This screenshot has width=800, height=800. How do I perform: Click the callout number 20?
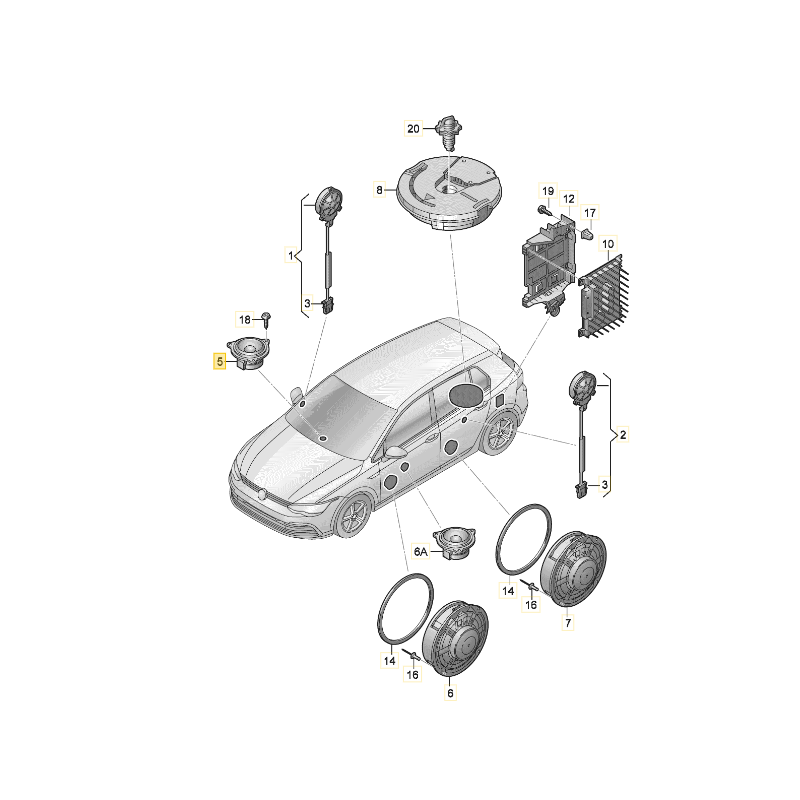[414, 128]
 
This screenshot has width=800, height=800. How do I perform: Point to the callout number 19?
[547, 191]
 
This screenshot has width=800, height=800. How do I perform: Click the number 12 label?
[568, 199]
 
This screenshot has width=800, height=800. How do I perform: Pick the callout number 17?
[590, 213]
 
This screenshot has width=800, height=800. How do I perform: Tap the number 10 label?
[608, 243]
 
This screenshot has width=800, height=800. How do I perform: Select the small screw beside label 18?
[268, 319]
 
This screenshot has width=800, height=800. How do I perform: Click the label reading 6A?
[421, 551]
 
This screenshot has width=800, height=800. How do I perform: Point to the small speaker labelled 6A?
[455, 544]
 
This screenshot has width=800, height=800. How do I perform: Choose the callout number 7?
[568, 623]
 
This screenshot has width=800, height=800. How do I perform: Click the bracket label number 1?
[292, 257]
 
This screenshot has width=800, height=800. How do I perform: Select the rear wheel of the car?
[497, 437]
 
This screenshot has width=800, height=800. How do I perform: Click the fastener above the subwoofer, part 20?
[451, 131]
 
